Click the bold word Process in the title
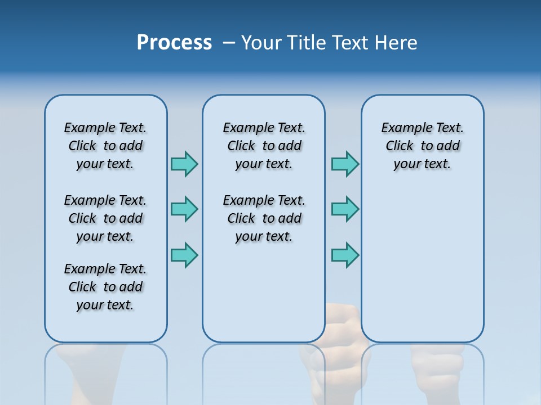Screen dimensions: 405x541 (174, 43)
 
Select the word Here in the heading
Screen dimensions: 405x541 (397, 43)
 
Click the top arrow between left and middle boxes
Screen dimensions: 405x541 (184, 164)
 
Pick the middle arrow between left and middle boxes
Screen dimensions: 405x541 (184, 209)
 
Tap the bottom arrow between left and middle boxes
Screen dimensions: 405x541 (184, 254)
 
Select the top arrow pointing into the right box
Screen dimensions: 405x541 (345, 164)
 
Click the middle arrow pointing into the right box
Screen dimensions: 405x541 (345, 209)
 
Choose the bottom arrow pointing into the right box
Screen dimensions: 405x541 (345, 254)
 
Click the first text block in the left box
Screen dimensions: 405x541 (105, 146)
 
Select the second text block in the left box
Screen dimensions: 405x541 (105, 218)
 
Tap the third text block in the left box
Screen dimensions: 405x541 (105, 287)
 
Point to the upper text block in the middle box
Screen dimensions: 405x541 (264, 146)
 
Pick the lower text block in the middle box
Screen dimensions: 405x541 (264, 218)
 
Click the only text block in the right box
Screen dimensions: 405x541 (422, 146)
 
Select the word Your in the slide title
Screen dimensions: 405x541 (262, 43)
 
